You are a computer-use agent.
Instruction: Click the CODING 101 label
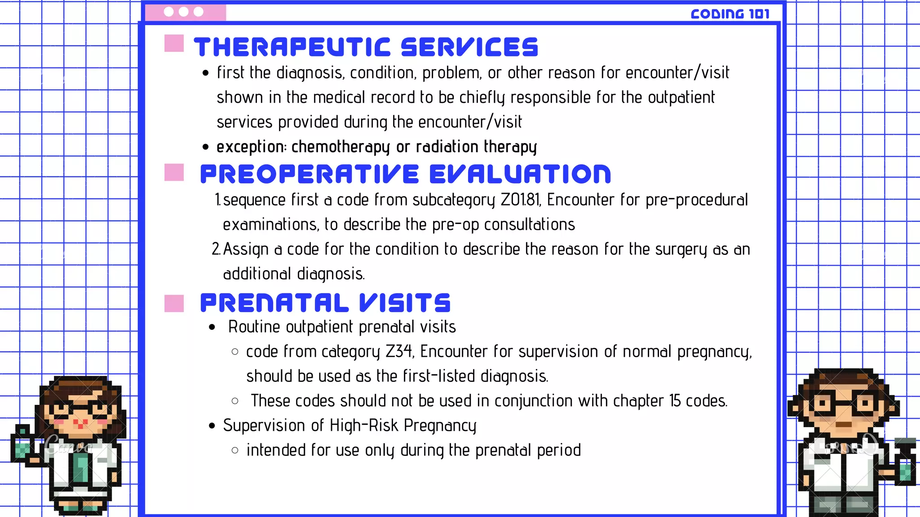[730, 14]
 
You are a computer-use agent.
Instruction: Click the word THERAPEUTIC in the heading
[292, 48]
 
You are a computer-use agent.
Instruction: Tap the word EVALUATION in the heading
[520, 175]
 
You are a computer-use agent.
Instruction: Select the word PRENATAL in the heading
[274, 303]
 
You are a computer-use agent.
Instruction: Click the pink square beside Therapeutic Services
[174, 44]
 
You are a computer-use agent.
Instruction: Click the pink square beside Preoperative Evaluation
[174, 172]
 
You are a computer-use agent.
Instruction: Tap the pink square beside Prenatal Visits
[174, 303]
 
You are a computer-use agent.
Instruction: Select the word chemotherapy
[341, 147]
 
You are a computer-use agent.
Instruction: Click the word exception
[250, 147]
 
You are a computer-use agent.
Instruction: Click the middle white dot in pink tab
[183, 12]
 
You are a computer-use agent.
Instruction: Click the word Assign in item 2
[246, 250]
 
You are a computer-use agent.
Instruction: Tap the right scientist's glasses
[844, 403]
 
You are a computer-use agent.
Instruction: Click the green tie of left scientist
[81, 467]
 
